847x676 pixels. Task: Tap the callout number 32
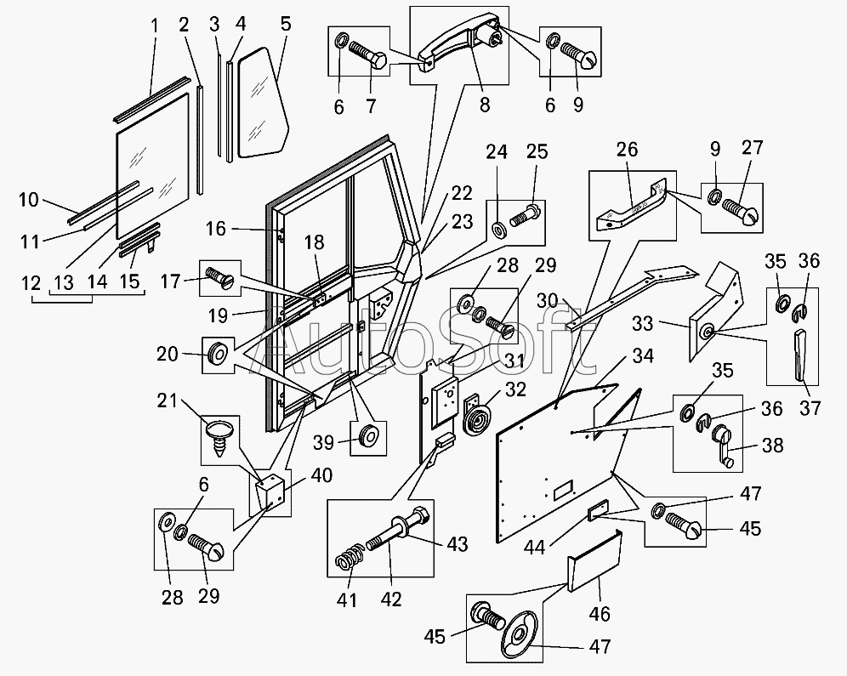tap(516, 390)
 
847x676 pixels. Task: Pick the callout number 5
tap(285, 23)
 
